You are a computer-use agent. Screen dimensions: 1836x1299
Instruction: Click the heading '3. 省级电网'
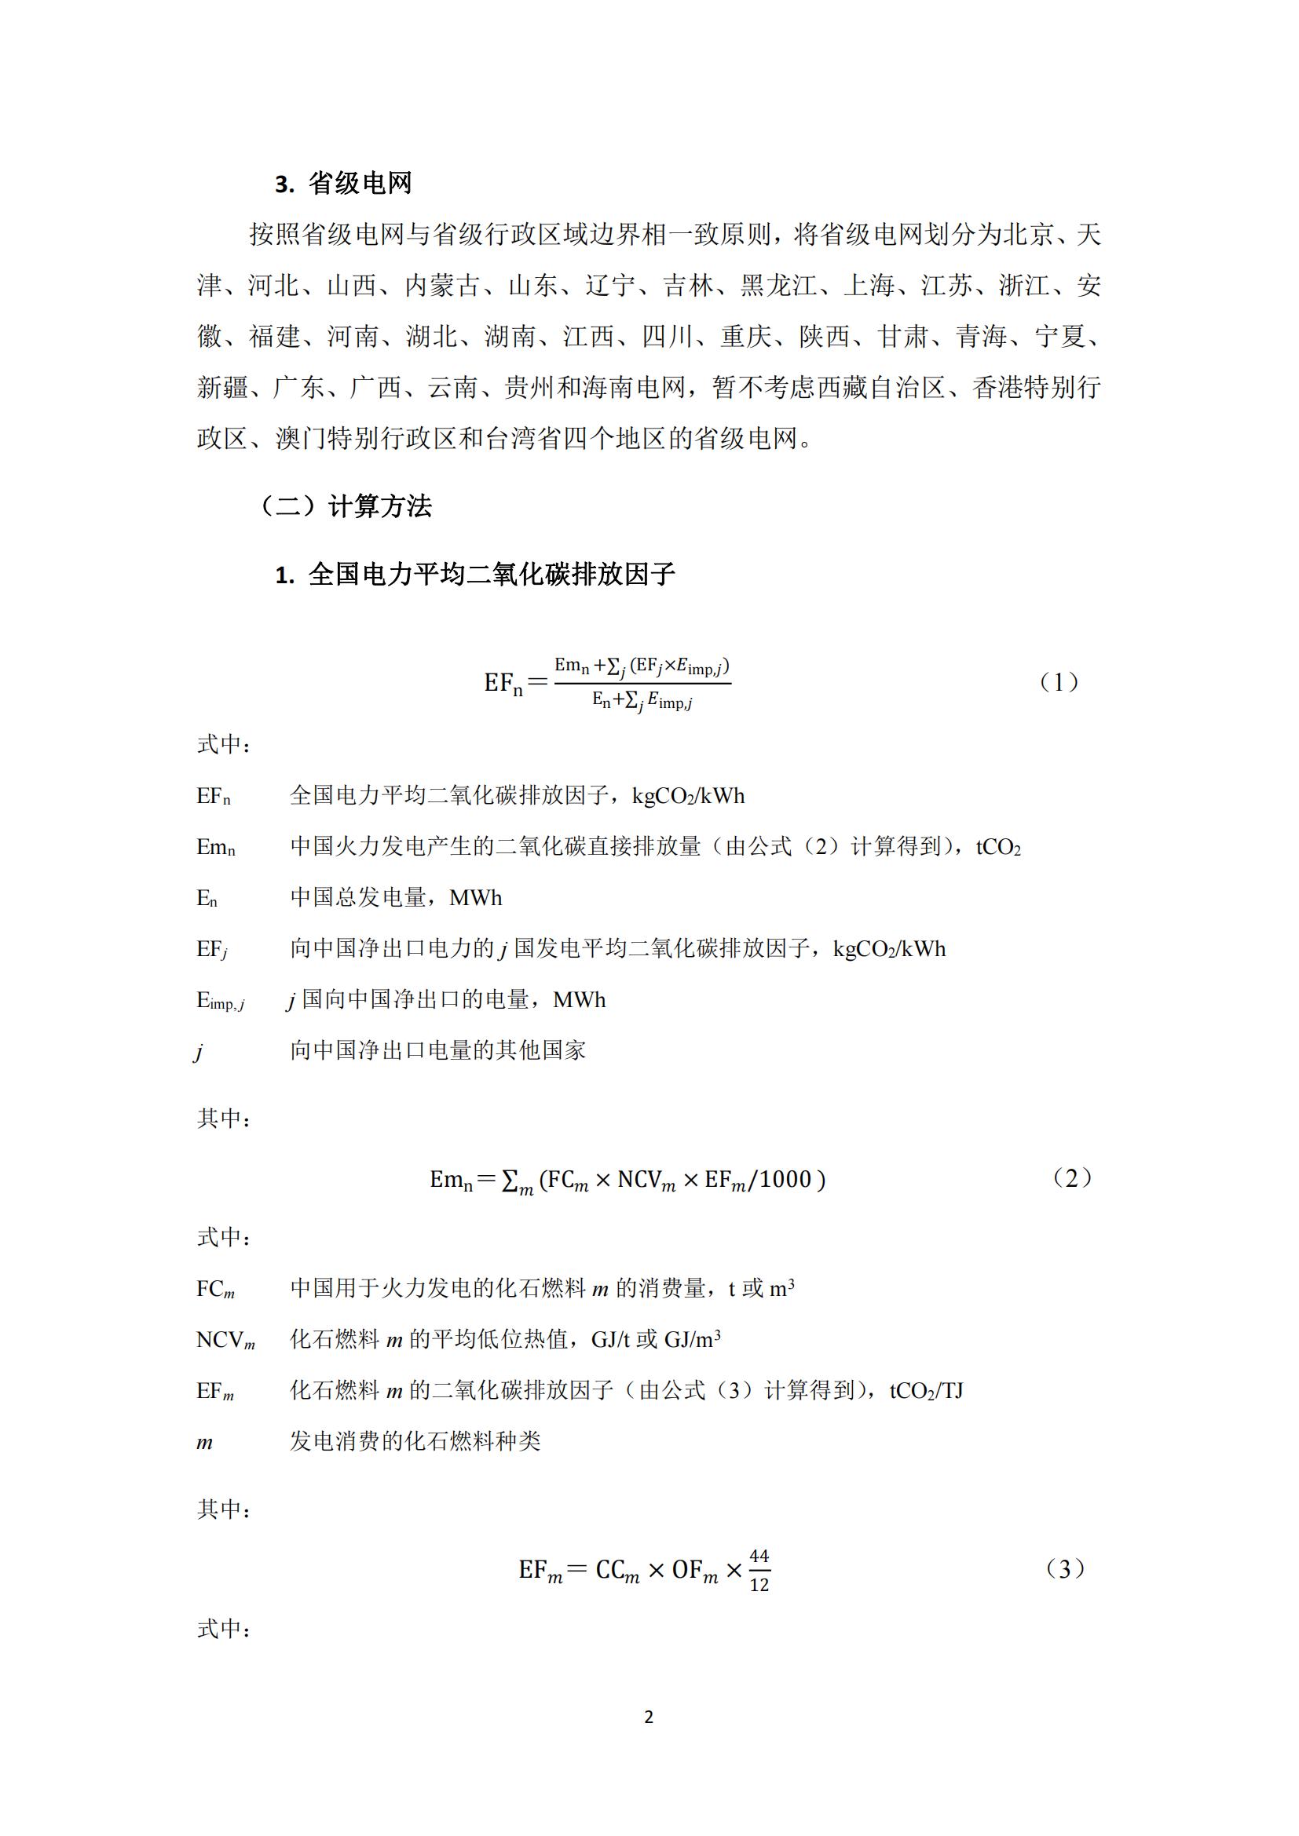coord(343,184)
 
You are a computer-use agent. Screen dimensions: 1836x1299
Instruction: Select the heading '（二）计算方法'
coord(345,506)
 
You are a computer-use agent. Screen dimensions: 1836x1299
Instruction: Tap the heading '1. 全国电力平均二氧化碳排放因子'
coord(475,574)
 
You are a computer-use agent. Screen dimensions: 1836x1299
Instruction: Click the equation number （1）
coord(1059,682)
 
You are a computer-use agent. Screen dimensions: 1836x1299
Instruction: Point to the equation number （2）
coord(1071,1178)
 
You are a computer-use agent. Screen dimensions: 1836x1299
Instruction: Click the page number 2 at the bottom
coord(649,1716)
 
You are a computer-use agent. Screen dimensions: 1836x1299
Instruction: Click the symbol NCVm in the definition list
coord(225,1340)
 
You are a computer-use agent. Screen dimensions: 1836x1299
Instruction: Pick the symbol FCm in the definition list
coord(215,1289)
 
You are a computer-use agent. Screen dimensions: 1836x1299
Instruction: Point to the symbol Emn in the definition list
coord(216,848)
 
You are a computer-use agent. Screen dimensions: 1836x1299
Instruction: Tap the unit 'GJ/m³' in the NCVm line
coord(693,1340)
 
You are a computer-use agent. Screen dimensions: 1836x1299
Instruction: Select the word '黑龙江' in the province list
coord(779,286)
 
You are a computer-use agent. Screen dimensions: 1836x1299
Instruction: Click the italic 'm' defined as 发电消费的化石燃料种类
coord(205,1443)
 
